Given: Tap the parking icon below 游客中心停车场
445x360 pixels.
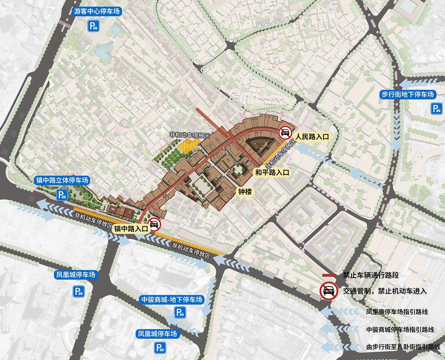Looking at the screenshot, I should coord(93,27).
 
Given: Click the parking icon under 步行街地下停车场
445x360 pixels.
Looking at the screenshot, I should coord(435,108).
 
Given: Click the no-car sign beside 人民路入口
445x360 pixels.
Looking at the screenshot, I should coord(285,133).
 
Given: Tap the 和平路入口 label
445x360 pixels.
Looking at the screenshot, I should coord(272,172).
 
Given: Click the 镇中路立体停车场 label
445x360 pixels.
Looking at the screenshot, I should coord(62,181).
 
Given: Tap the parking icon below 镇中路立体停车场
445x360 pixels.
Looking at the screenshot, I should coord(61,194).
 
